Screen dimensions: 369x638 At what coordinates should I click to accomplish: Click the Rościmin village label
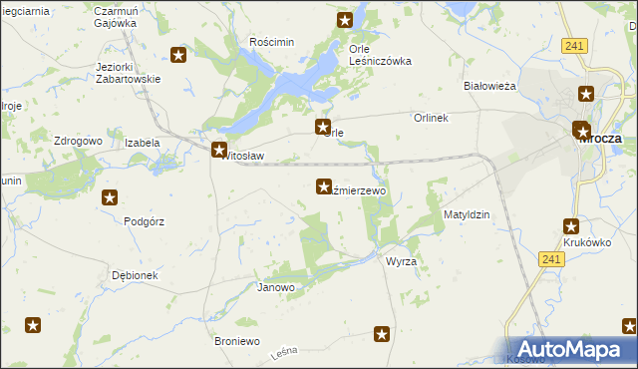271,43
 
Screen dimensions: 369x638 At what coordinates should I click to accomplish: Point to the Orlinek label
432,118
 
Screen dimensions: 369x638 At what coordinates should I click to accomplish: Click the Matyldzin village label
467,215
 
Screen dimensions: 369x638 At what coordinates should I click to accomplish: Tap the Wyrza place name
401,261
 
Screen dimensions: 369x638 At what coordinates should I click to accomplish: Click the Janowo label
276,288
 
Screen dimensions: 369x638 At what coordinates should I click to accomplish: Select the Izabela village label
143,143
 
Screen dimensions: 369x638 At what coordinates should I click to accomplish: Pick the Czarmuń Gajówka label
115,16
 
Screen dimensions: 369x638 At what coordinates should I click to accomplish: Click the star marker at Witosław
218,150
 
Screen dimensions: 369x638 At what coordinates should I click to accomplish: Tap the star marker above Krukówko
571,226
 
